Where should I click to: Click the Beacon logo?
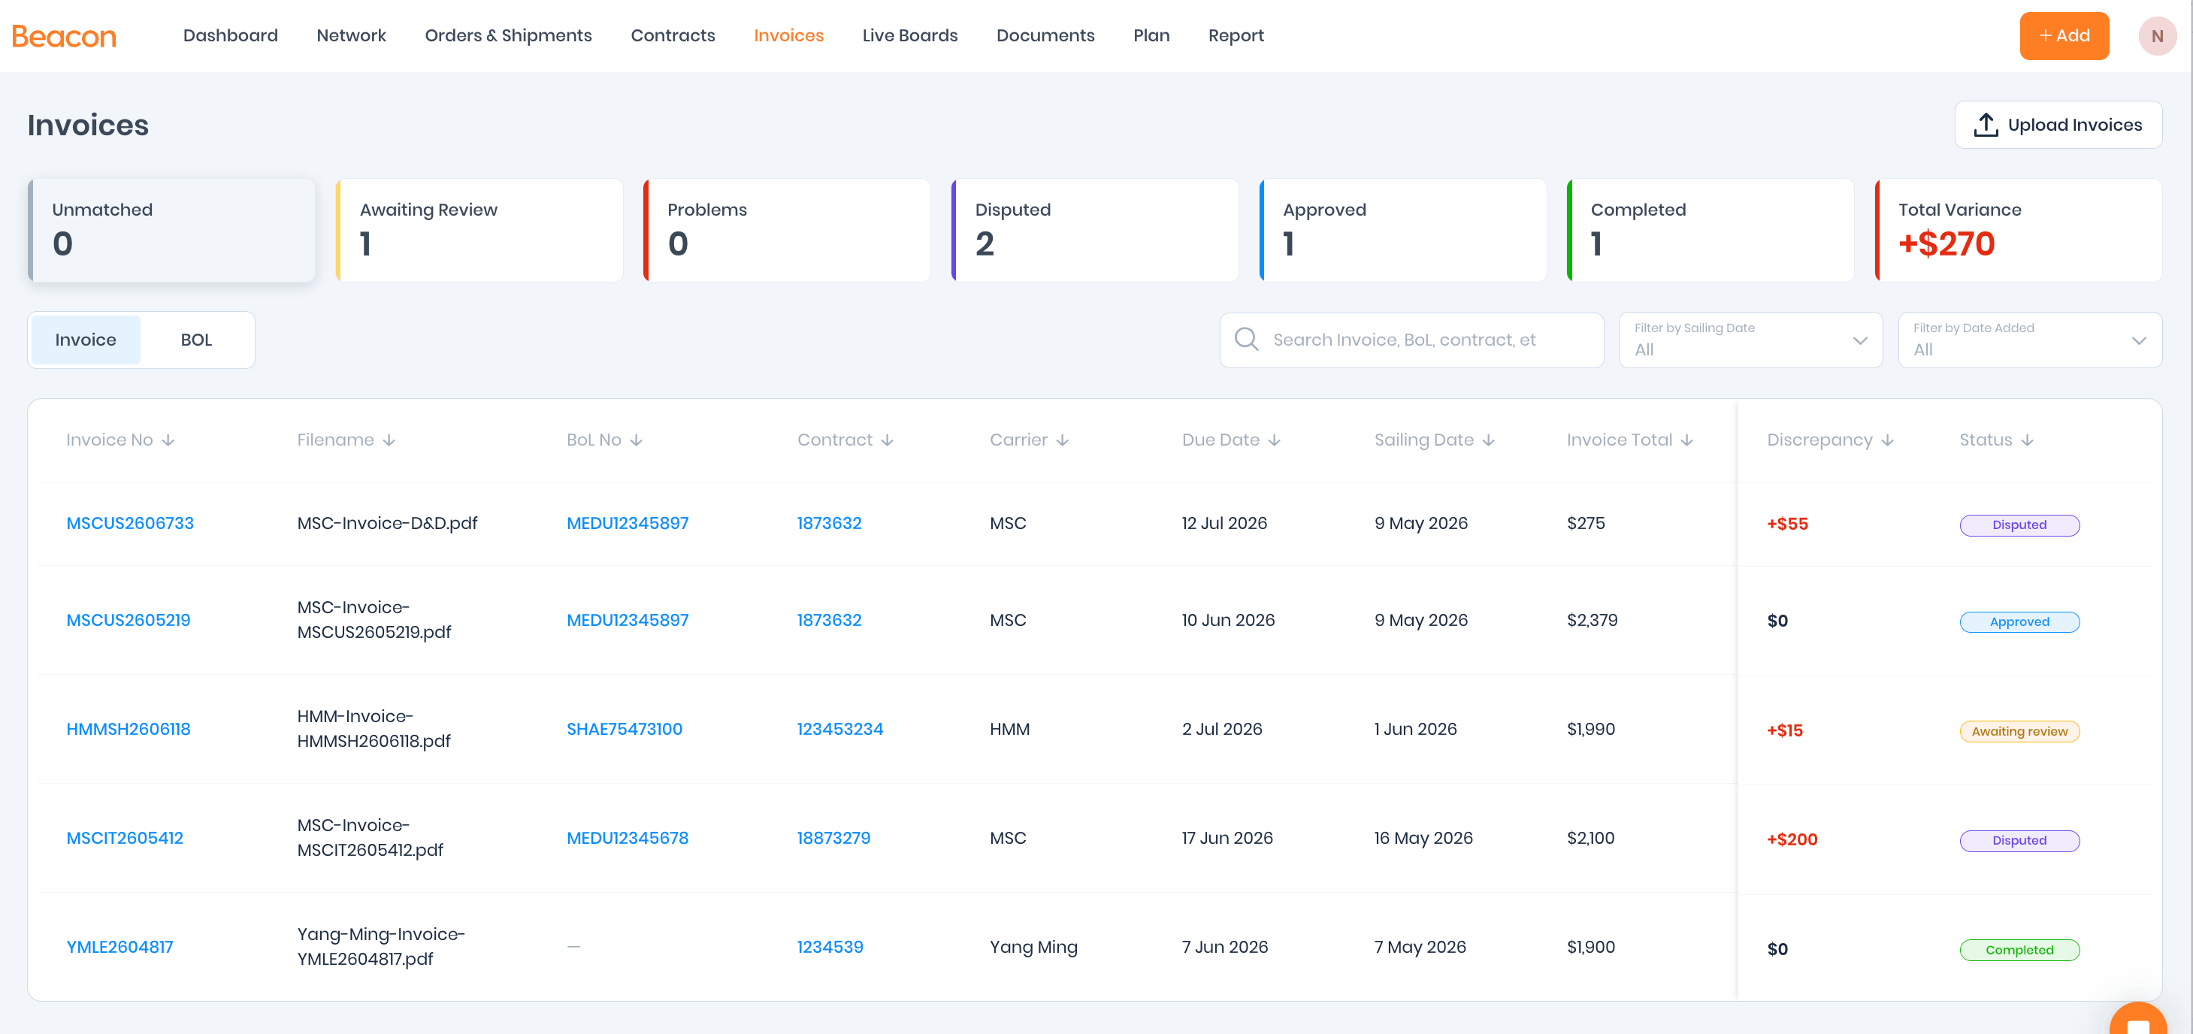pos(64,36)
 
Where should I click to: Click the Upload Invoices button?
pos(2058,125)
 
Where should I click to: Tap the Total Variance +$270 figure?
pos(1946,244)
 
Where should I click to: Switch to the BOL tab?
pos(196,340)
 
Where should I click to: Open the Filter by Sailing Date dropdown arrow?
pos(1860,340)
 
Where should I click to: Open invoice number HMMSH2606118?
pos(129,730)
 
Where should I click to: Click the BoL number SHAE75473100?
pos(624,730)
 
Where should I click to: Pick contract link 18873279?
pos(833,839)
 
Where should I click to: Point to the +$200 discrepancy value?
pos(1792,840)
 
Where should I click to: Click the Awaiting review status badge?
pos(2019,731)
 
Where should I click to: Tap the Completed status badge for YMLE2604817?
pos(2019,950)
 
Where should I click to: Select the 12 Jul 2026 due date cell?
pos(1224,523)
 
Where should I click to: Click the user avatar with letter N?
pos(2156,36)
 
